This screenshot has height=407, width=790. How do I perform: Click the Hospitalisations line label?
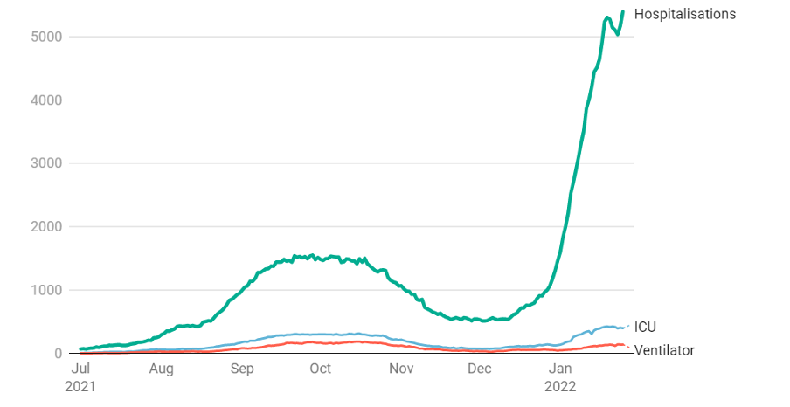(x=684, y=14)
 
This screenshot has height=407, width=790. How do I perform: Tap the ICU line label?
(x=645, y=327)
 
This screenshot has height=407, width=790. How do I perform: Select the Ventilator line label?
(x=664, y=350)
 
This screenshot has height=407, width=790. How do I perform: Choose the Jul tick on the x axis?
(x=80, y=369)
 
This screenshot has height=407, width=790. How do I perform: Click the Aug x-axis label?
(x=161, y=369)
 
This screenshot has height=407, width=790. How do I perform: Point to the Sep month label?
(x=242, y=369)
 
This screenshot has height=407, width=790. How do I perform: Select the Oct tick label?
(x=320, y=369)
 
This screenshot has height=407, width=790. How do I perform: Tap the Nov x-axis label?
(x=401, y=369)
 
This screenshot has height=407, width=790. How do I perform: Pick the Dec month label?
(x=479, y=369)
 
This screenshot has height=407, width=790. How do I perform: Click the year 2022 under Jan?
(x=560, y=385)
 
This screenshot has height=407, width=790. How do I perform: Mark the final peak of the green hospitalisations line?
(x=622, y=11)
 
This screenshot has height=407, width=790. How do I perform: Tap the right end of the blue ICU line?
(x=624, y=327)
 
